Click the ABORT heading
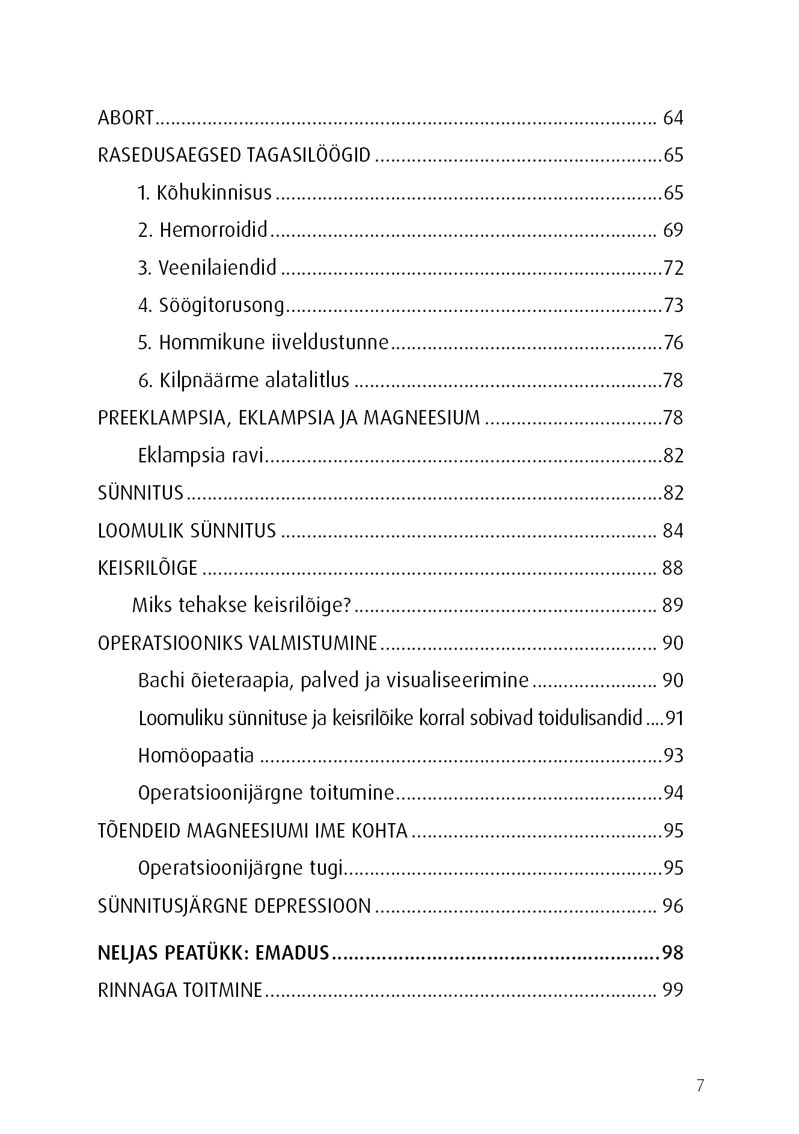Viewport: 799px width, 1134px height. click(126, 118)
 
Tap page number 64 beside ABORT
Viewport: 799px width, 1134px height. click(673, 118)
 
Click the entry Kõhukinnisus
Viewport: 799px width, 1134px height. click(213, 193)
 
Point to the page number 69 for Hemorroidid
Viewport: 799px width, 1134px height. click(673, 230)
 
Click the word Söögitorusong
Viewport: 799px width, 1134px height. click(221, 305)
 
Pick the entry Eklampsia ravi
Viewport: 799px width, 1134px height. click(201, 456)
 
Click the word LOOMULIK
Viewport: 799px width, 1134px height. click(141, 531)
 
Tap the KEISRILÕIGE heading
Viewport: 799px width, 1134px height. click(147, 568)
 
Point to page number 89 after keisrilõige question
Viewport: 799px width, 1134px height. click(673, 605)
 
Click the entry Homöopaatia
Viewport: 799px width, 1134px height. click(196, 756)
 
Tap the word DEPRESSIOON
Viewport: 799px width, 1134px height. click(312, 906)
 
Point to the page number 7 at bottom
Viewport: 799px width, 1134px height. click(700, 1086)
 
